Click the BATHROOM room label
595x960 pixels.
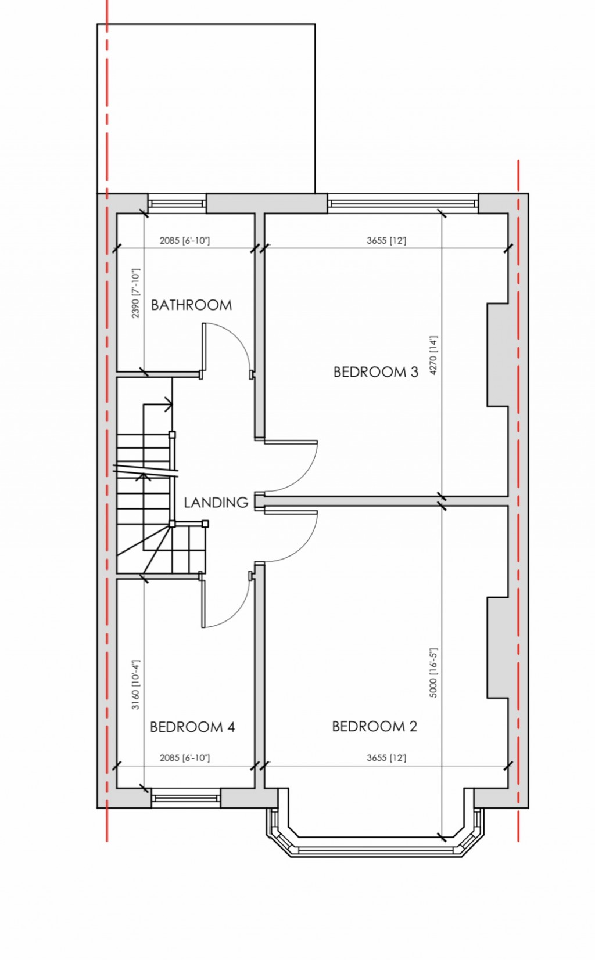point(191,305)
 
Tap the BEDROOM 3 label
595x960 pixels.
point(375,372)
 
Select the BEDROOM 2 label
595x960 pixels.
point(374,727)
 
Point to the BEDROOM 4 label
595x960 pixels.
point(192,727)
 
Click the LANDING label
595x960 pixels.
point(216,503)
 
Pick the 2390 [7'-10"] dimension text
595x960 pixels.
point(136,293)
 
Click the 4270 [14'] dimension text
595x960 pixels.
point(433,355)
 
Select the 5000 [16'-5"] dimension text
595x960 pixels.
point(433,673)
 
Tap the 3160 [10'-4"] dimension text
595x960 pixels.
point(136,685)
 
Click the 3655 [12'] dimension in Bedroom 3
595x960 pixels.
point(386,240)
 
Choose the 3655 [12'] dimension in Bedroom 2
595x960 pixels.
point(386,758)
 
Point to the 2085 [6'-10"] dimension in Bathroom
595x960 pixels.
point(185,240)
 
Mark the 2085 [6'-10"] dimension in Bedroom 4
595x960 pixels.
point(185,758)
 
